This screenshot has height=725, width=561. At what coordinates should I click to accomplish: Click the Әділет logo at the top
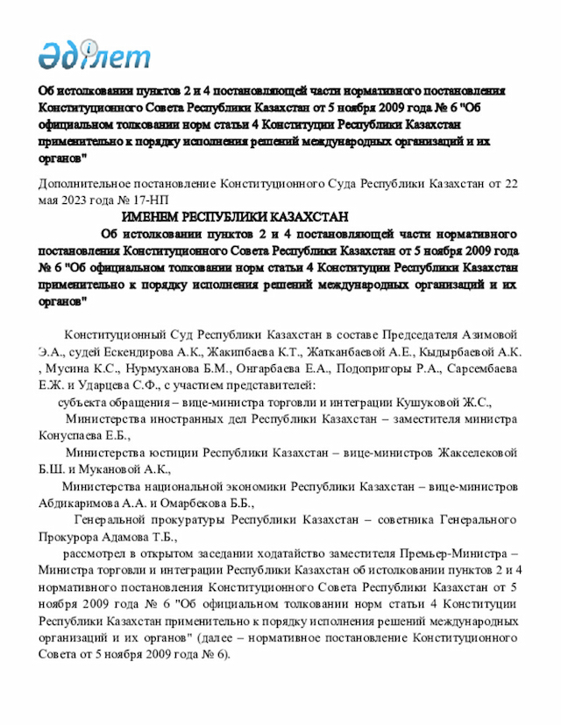click(94, 53)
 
